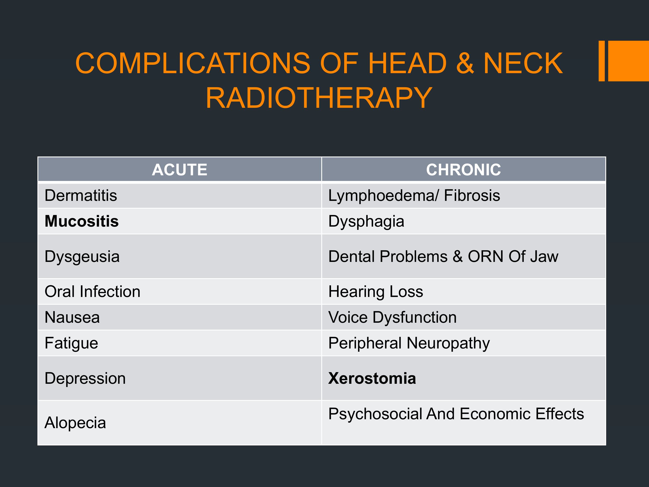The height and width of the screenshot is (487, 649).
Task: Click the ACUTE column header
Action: coord(180,170)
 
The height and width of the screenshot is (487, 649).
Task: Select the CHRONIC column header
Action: coord(464,170)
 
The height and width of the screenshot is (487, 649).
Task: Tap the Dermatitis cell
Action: coord(81,195)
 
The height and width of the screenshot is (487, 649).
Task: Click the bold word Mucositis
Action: coord(82,221)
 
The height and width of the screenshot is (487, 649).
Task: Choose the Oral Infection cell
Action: coord(92,292)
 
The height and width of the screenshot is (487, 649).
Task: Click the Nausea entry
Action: coord(72,317)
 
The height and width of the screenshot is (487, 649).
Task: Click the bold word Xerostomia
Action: coord(372,378)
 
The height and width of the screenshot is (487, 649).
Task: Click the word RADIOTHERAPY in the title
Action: coord(319,98)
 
